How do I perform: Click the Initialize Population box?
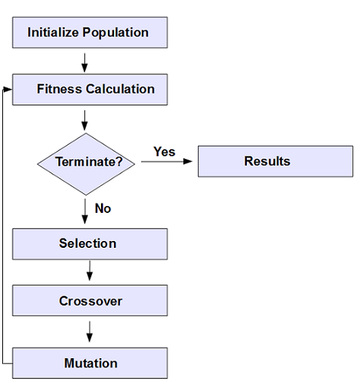(x=90, y=33)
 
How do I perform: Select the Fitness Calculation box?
(x=90, y=89)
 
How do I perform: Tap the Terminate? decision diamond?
(x=85, y=162)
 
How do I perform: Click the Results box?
(x=275, y=161)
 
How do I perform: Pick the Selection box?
(x=90, y=244)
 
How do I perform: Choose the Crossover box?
(x=90, y=301)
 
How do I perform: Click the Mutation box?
(x=90, y=363)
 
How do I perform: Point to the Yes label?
(x=164, y=151)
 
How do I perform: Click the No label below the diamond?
(x=103, y=208)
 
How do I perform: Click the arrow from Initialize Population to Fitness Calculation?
(x=85, y=60)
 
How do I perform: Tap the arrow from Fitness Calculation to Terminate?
(x=85, y=119)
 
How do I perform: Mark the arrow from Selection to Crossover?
(x=90, y=271)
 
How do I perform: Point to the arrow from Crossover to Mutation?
(x=90, y=331)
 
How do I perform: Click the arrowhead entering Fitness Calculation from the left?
(x=8, y=89)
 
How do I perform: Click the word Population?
(x=116, y=33)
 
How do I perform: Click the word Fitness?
(x=58, y=89)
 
